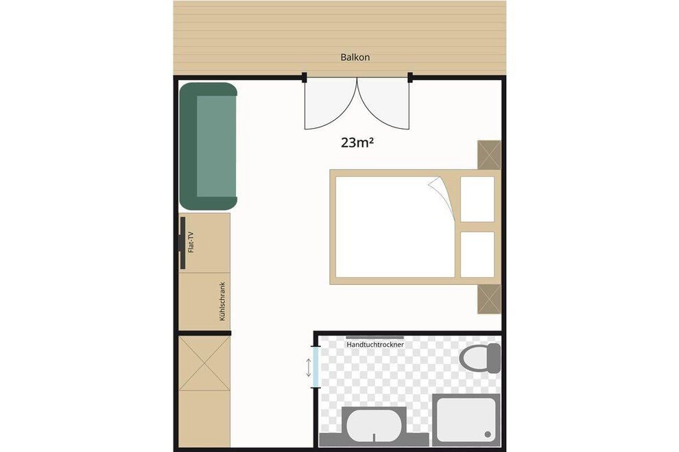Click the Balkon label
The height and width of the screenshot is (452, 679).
click(x=355, y=57)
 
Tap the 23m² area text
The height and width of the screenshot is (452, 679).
click(x=357, y=142)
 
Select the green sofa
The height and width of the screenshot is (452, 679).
click(x=209, y=146)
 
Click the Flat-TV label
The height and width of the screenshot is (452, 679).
click(x=190, y=242)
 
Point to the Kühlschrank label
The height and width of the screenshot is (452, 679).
click(x=223, y=301)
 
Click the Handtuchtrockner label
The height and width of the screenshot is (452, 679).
click(x=375, y=344)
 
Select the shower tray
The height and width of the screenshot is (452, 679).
click(x=466, y=420)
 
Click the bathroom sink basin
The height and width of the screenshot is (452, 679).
click(x=374, y=426)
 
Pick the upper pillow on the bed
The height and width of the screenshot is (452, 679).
click(x=477, y=199)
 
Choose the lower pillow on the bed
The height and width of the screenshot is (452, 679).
click(x=477, y=254)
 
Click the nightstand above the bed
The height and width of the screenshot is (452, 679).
click(x=489, y=155)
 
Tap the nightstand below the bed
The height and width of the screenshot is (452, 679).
click(x=489, y=299)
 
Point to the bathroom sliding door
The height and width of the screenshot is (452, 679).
click(x=316, y=367)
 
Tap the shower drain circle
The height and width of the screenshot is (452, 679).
click(x=488, y=434)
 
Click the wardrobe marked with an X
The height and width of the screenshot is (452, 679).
click(x=204, y=364)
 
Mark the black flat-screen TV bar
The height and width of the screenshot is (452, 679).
click(x=182, y=242)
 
